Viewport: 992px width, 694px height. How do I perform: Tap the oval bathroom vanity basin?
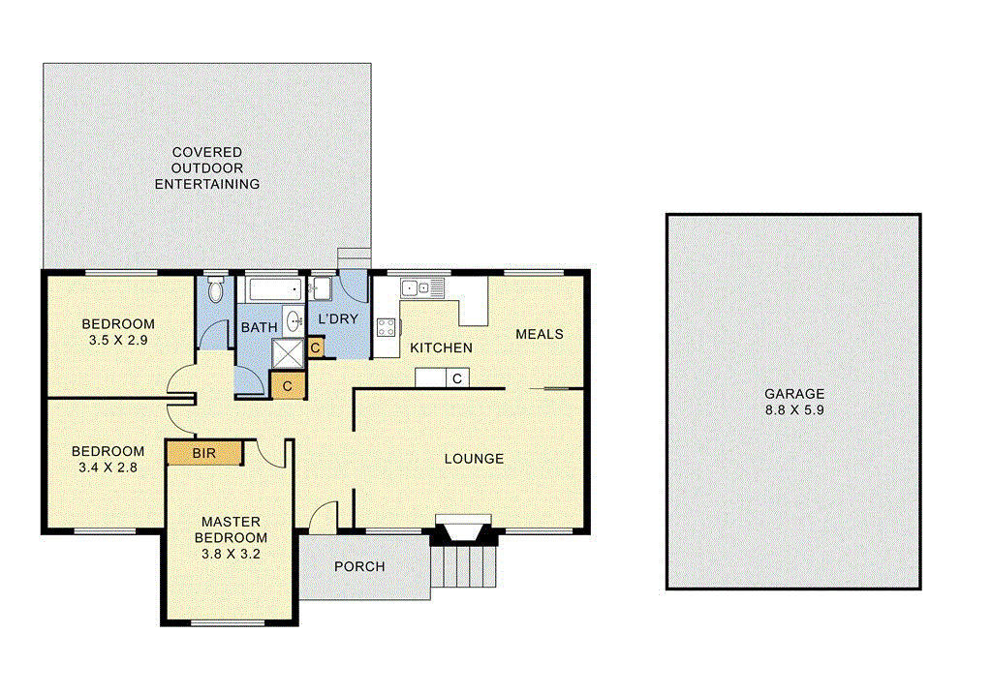(x=288, y=323)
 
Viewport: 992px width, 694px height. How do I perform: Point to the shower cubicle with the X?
(x=287, y=353)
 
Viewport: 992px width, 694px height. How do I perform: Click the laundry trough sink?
(x=321, y=287)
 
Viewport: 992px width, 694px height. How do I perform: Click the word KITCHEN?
(x=441, y=347)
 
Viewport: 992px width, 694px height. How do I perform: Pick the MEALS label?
(x=539, y=334)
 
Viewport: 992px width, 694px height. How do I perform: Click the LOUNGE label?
(x=474, y=459)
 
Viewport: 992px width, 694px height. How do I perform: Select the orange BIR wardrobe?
(x=203, y=453)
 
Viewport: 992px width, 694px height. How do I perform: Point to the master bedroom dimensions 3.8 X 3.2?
(x=231, y=555)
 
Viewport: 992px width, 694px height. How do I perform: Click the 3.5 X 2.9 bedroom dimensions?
(x=117, y=341)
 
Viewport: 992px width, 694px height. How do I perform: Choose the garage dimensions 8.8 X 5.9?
(x=794, y=409)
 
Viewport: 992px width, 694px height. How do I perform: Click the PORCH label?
(x=358, y=566)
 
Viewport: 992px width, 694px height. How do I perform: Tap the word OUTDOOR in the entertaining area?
(x=207, y=167)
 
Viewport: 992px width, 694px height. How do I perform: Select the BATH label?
(x=259, y=328)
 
